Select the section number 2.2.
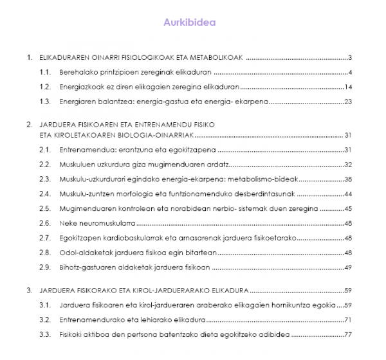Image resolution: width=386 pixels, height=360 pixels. (44, 165)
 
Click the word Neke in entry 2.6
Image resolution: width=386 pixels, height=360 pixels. (66, 224)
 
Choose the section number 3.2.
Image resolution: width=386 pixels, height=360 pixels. (44, 319)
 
